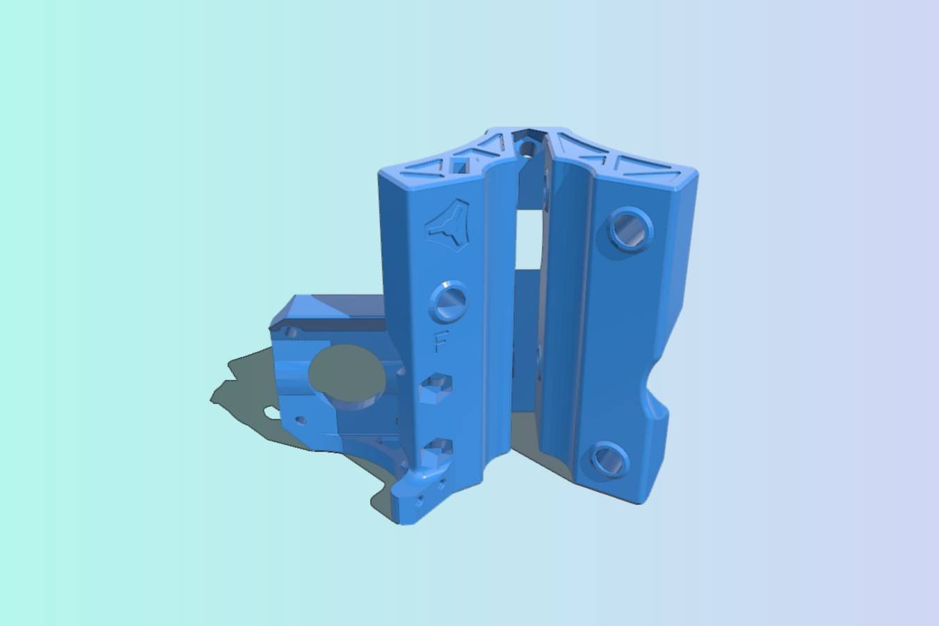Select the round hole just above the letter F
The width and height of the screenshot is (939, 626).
(448, 300)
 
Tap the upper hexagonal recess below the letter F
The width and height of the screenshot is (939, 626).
(435, 388)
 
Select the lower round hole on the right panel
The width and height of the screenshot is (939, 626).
(610, 459)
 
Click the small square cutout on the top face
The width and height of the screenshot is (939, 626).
(460, 166)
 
